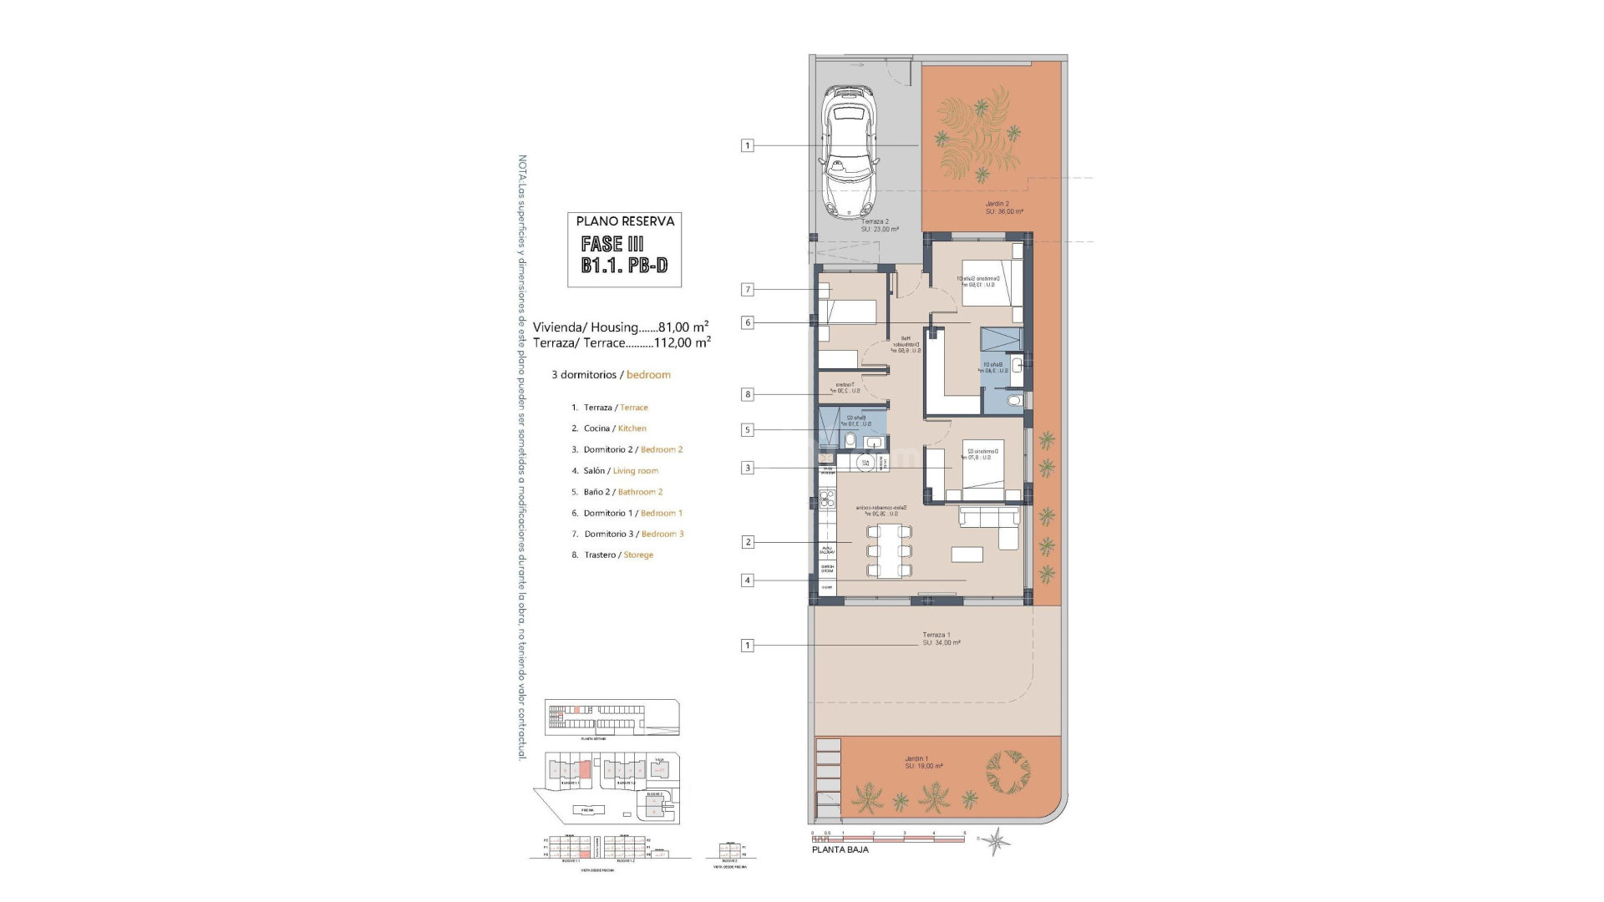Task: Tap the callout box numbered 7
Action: click(x=747, y=290)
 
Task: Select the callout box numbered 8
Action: click(x=747, y=394)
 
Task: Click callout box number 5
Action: click(x=747, y=430)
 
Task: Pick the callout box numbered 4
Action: click(x=747, y=580)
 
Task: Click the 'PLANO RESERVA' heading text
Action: click(x=625, y=221)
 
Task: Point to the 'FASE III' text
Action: click(x=612, y=244)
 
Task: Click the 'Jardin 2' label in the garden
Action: click(x=997, y=204)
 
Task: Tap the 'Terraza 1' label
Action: click(x=937, y=635)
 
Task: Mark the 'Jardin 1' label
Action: click(x=916, y=759)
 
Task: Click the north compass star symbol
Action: click(x=995, y=839)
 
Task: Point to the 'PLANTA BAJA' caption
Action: click(x=840, y=850)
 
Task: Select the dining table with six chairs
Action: click(x=889, y=551)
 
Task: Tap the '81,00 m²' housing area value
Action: click(x=683, y=327)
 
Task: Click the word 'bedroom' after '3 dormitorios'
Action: click(x=648, y=375)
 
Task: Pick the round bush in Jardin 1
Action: click(x=1008, y=773)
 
